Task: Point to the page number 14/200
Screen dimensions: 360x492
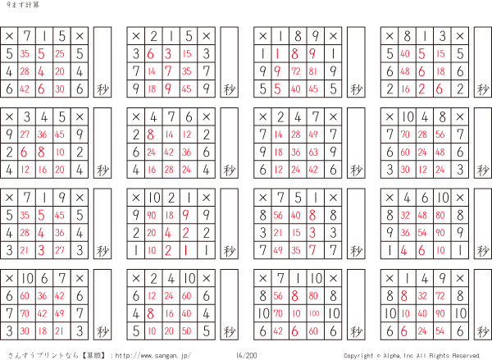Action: [x=245, y=355]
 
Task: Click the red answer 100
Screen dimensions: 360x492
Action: [x=316, y=313]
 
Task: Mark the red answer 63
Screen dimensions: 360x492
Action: [x=316, y=152]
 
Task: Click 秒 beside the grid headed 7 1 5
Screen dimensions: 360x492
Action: [x=102, y=89]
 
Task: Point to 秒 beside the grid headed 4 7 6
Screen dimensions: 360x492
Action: [x=229, y=170]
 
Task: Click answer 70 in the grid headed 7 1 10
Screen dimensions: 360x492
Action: [x=280, y=313]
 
